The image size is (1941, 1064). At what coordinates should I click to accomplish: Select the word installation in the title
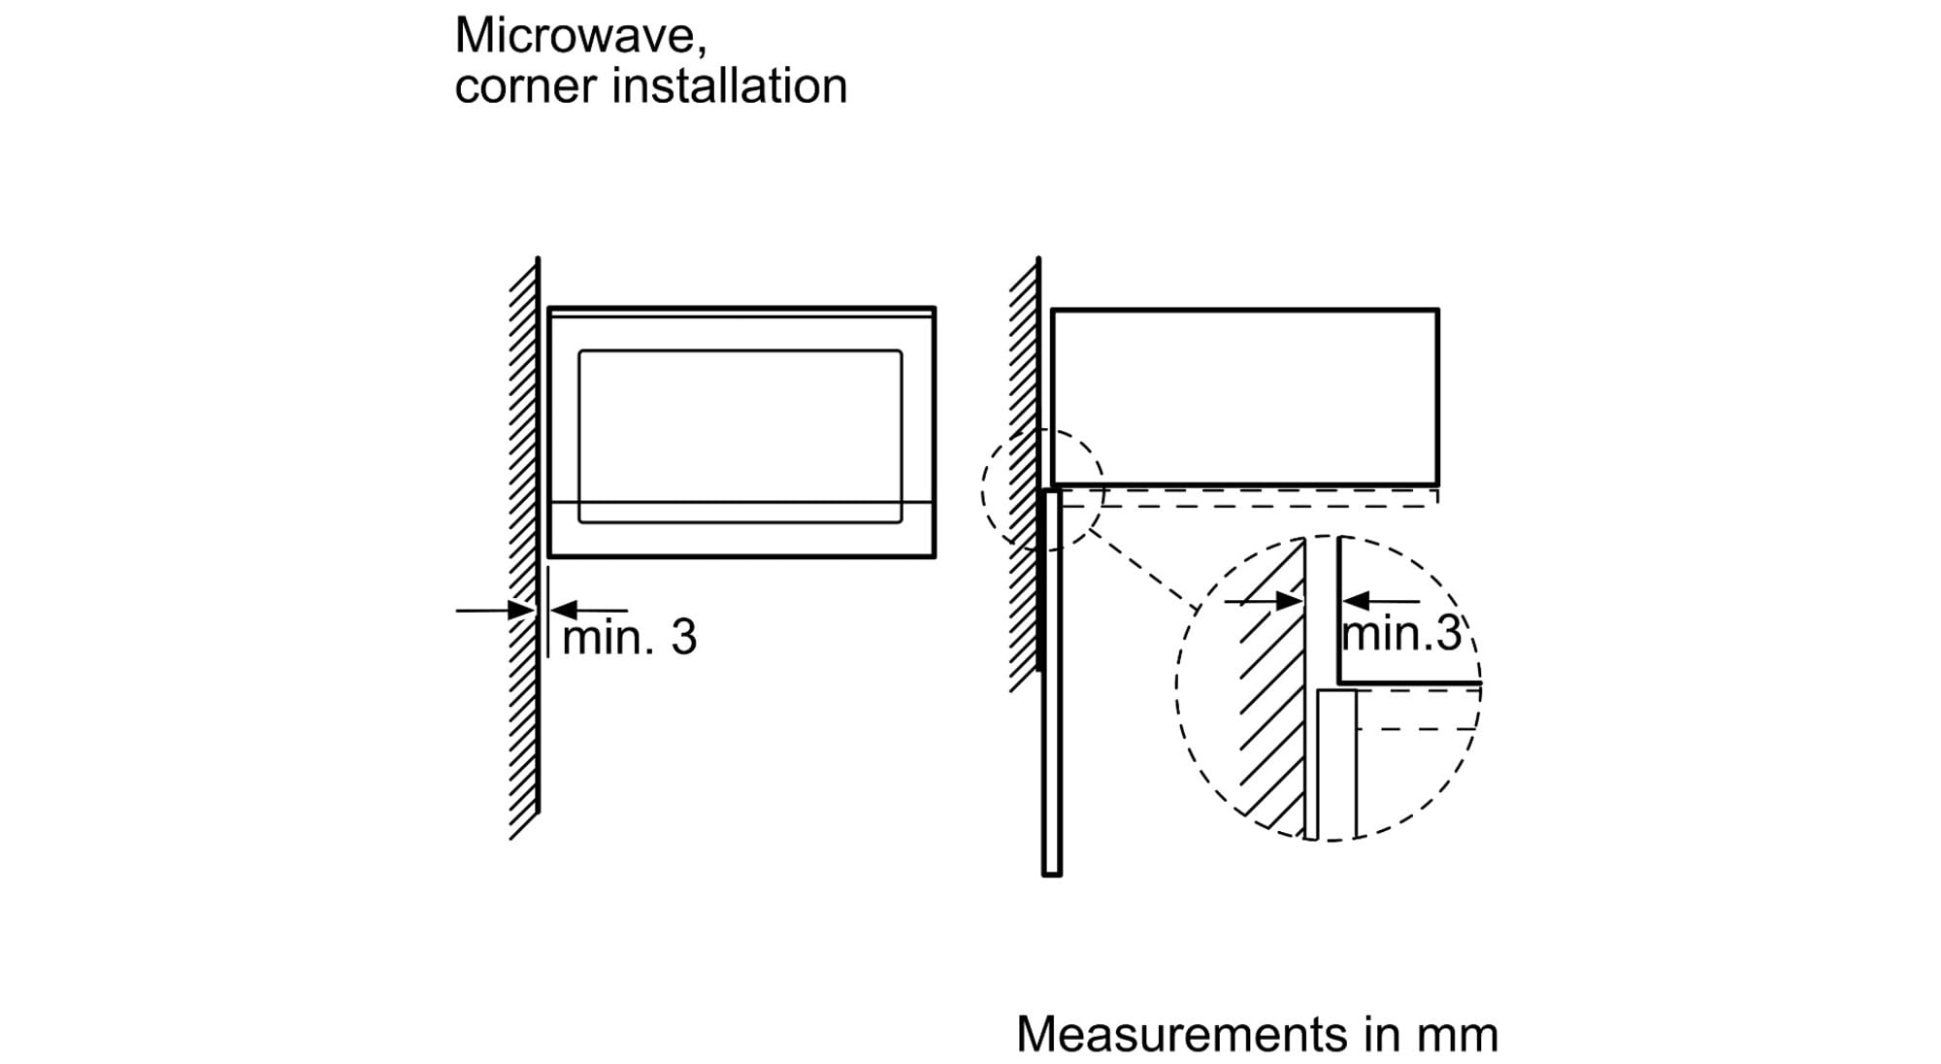pyautogui.click(x=730, y=84)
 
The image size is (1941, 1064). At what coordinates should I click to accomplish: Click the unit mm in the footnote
pyautogui.click(x=1457, y=1038)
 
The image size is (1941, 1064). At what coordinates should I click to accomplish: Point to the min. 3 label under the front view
pyautogui.click(x=629, y=637)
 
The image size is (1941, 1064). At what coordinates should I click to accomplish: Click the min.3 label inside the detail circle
pyautogui.click(x=1400, y=634)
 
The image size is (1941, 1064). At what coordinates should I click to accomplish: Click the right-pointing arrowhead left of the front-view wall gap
pyautogui.click(x=521, y=611)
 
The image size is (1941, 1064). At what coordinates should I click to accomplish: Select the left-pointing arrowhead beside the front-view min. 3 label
pyautogui.click(x=564, y=611)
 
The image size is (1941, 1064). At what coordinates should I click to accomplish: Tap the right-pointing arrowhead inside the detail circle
pyautogui.click(x=1290, y=602)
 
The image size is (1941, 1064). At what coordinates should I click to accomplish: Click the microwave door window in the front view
pyautogui.click(x=740, y=437)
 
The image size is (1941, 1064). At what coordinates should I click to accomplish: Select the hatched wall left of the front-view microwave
pyautogui.click(x=525, y=549)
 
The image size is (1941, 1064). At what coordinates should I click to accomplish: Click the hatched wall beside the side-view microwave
pyautogui.click(x=1025, y=476)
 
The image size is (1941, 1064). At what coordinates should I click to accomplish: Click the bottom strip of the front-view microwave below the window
pyautogui.click(x=741, y=530)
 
